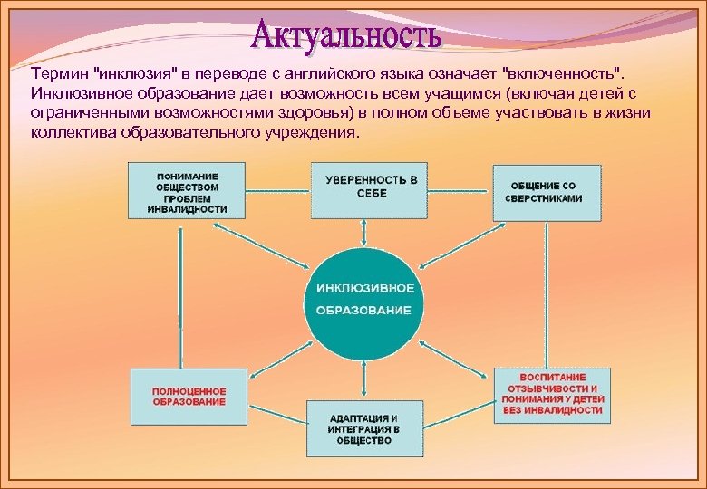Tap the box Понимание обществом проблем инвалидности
pyautogui.click(x=187, y=191)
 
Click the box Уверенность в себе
pyautogui.click(x=370, y=190)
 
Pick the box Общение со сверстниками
pyautogui.click(x=546, y=192)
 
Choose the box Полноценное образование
pyautogui.click(x=189, y=396)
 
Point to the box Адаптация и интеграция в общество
pyautogui.click(x=364, y=428)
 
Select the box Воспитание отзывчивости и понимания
pyautogui.click(x=552, y=394)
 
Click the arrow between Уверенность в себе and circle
pyautogui.click(x=364, y=233)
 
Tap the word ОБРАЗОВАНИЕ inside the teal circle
pyautogui.click(x=363, y=311)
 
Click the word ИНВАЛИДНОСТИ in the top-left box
pyautogui.click(x=187, y=209)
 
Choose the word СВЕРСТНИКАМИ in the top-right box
pyautogui.click(x=546, y=198)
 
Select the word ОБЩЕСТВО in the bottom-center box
pyautogui.click(x=364, y=441)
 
